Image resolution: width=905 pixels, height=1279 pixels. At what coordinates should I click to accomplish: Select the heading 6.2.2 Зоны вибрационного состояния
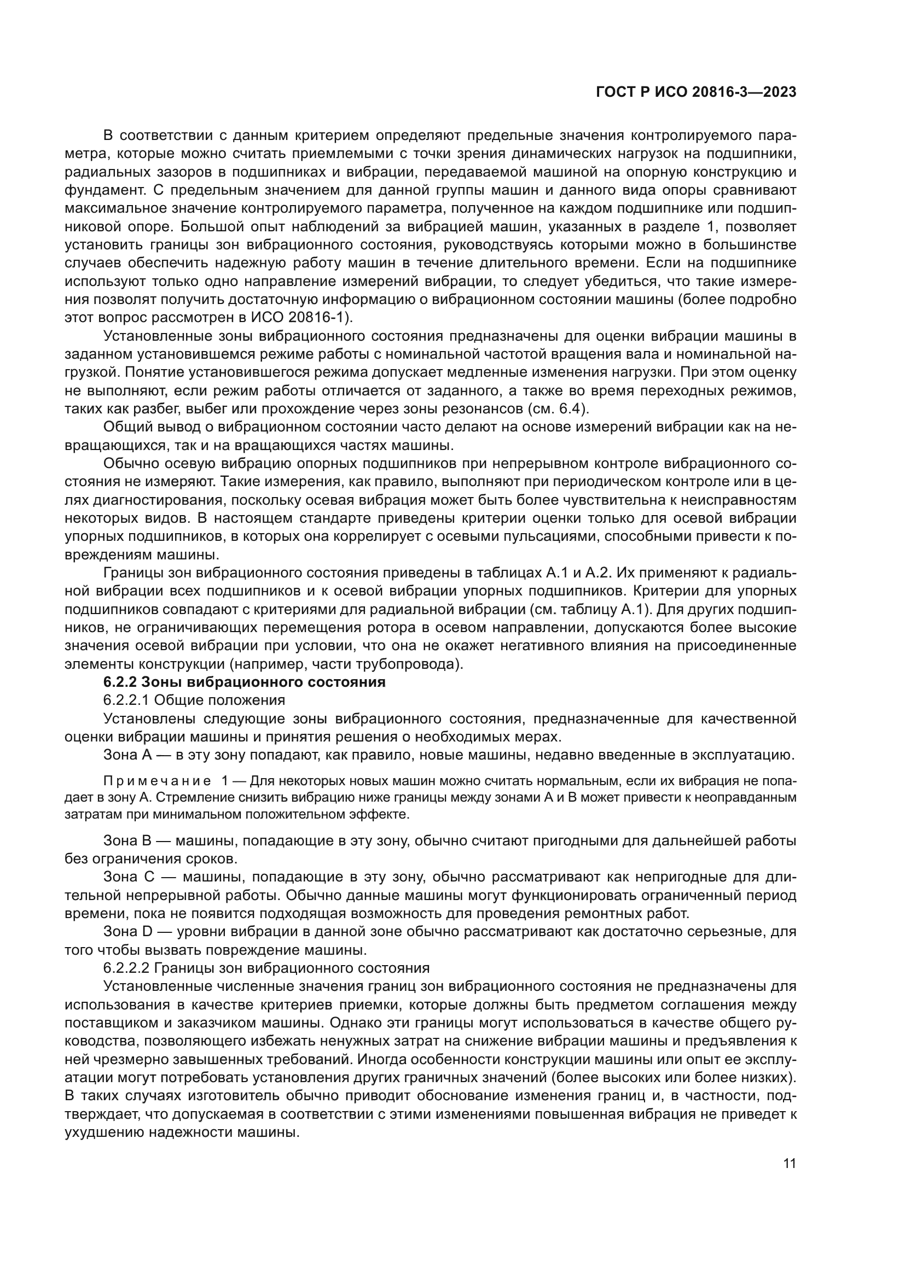click(x=244, y=682)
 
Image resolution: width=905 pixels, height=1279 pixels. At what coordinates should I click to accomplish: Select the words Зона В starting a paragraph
click(x=127, y=840)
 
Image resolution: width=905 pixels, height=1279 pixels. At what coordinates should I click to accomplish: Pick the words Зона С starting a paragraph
click(x=128, y=877)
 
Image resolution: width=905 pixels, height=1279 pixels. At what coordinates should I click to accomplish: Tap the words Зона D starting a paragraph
click(x=128, y=931)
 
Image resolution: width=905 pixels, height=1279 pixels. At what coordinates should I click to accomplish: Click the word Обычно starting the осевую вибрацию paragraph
click(x=131, y=464)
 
